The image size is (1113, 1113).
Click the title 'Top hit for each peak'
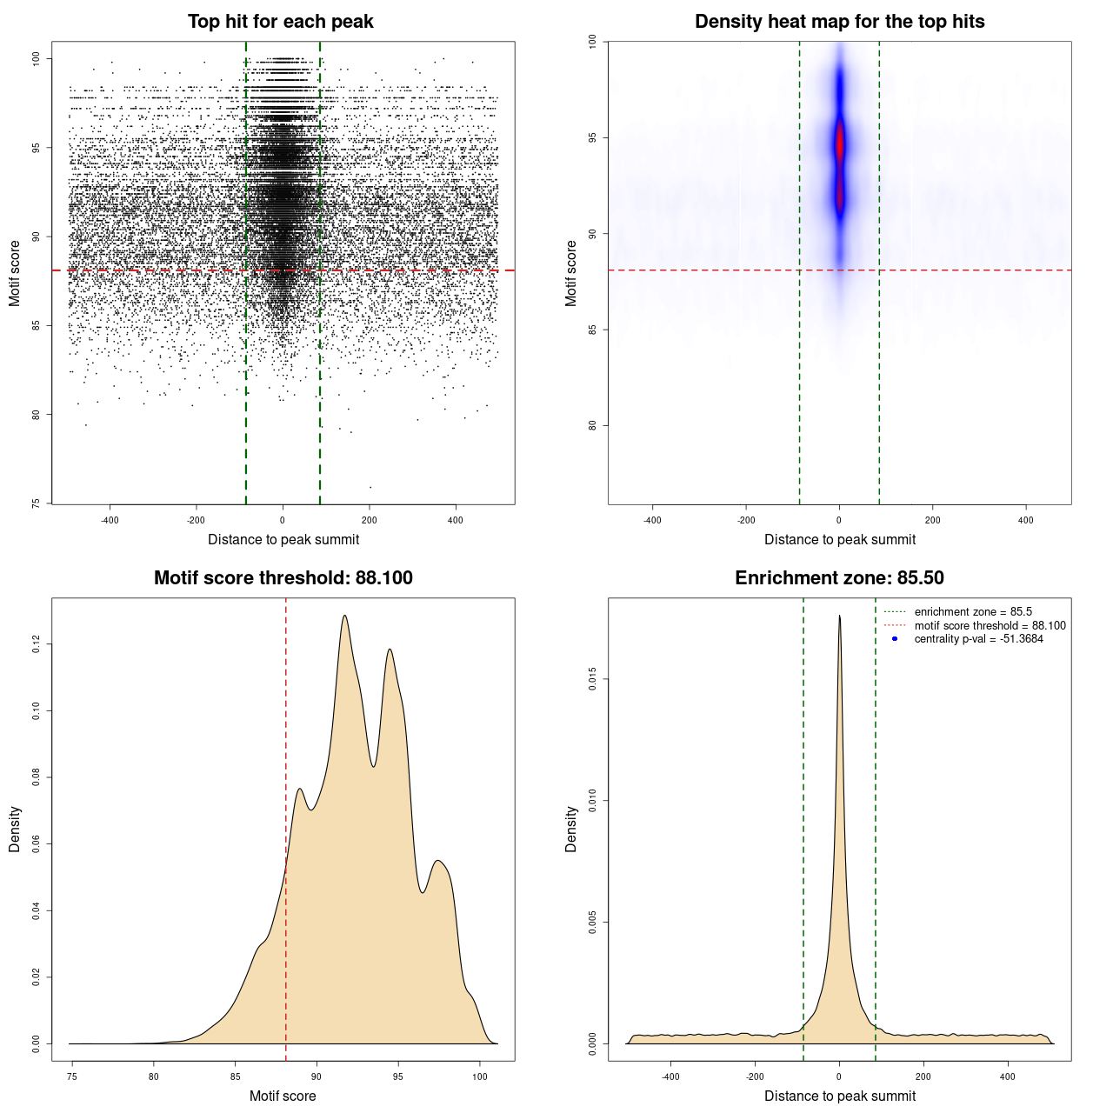(280, 22)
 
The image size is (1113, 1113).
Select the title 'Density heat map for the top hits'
(839, 22)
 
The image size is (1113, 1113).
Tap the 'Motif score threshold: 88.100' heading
(283, 578)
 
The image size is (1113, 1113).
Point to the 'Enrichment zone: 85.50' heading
(839, 578)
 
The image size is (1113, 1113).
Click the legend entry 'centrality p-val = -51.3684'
(978, 639)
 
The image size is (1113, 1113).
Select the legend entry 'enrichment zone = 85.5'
(973, 612)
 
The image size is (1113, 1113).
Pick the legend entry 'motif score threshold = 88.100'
(990, 626)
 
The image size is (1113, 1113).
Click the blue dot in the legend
(895, 639)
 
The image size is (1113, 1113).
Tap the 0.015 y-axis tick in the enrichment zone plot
(592, 679)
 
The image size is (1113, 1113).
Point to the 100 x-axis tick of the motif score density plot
(480, 1076)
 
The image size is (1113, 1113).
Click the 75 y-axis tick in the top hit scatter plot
(36, 503)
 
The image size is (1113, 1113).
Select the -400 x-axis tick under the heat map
(652, 520)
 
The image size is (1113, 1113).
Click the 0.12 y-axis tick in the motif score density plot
(36, 644)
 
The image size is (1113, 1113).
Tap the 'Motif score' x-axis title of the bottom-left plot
(283, 1096)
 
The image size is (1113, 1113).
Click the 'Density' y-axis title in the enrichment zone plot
(571, 829)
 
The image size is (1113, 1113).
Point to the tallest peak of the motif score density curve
(345, 616)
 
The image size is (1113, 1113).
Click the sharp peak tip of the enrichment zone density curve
(839, 616)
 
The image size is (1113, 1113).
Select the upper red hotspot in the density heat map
(840, 143)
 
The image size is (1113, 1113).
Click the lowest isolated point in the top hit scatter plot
(370, 487)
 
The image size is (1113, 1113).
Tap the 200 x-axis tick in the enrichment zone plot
(923, 1076)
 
